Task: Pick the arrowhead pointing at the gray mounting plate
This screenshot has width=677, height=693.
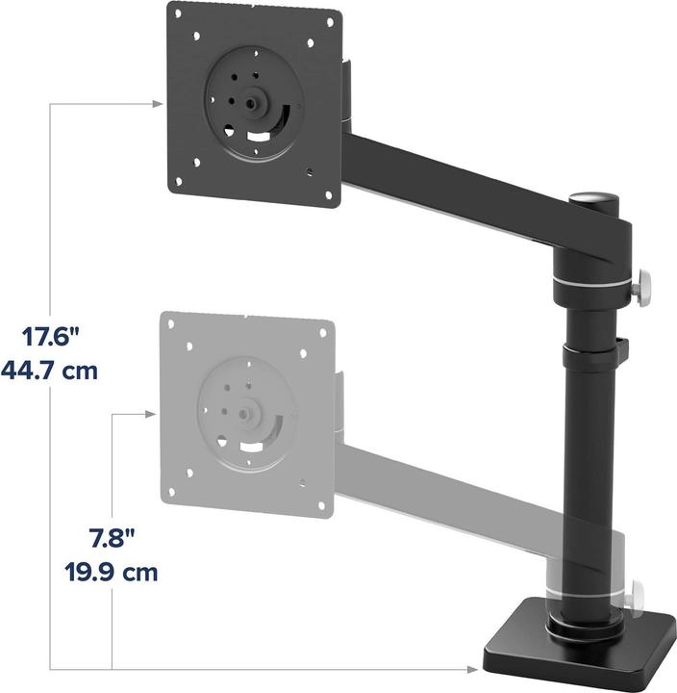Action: point(149,413)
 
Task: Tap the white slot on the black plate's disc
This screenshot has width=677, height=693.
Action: point(258,137)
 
